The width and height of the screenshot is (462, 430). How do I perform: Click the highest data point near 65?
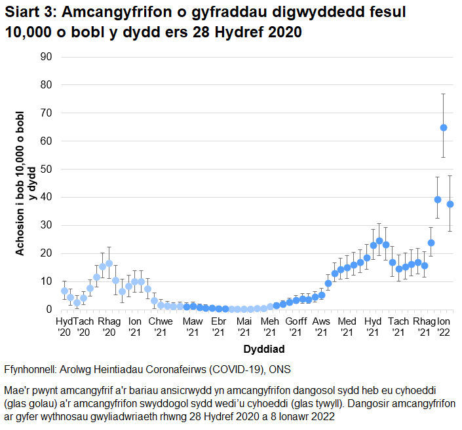[444, 128]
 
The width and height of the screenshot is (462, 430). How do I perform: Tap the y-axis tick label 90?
[46, 57]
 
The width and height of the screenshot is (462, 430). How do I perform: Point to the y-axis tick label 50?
[46, 169]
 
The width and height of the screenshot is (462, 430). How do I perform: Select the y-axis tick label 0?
[48, 309]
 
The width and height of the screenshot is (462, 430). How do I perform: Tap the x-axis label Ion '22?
[444, 327]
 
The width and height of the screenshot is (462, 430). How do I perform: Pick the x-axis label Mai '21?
[244, 327]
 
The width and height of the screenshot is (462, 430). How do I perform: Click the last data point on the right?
[450, 204]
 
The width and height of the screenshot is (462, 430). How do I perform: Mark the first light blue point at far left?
[64, 291]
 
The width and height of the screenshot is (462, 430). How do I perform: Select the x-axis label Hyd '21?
[373, 327]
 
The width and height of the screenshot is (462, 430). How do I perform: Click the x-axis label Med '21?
[347, 327]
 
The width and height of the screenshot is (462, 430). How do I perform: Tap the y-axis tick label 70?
[46, 113]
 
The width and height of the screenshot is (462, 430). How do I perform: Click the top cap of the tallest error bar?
[444, 94]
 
